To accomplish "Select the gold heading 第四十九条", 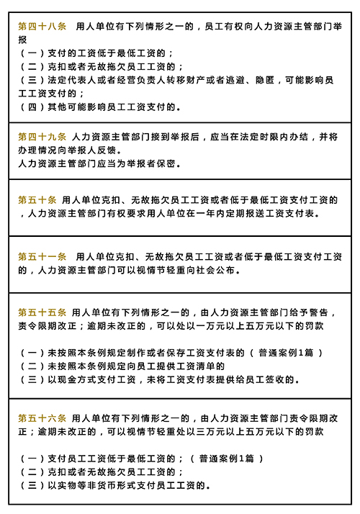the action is [42, 136].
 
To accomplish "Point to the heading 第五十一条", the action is [42, 256].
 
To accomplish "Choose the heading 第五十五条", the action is [42, 312].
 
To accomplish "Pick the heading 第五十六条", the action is [42, 418].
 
